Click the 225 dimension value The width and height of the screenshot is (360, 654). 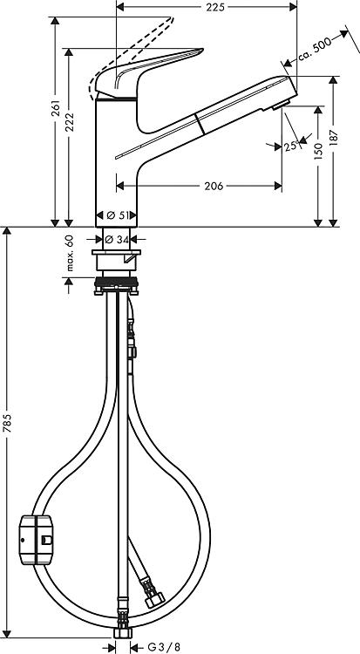pos(215,7)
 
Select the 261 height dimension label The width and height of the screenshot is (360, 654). pos(56,108)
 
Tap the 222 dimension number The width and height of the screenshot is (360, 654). pos(70,122)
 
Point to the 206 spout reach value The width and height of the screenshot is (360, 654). pos(214,187)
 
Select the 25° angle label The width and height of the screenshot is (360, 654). pos(291,146)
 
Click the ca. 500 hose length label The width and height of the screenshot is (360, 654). pos(315,48)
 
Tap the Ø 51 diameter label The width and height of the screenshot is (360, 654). pos(117,215)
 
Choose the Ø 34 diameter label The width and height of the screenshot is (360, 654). pos(117,240)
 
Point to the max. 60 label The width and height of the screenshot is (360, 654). pos(69,253)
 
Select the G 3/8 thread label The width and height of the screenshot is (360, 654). pos(164,647)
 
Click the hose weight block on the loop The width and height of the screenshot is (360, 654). pos(37,540)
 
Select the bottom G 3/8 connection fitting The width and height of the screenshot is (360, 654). pos(123,632)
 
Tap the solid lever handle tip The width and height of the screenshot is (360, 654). pos(201,51)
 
